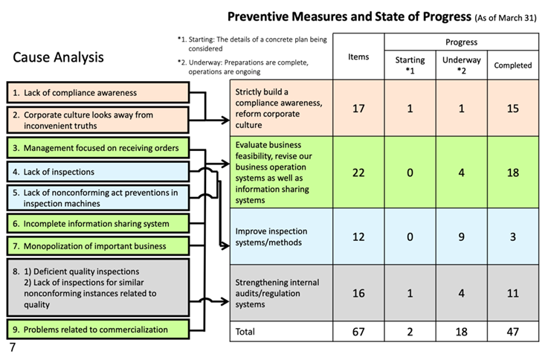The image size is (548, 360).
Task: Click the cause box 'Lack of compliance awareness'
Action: point(98,93)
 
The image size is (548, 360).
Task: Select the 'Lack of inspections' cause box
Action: point(98,172)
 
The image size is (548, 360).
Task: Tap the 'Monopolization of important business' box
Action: point(98,245)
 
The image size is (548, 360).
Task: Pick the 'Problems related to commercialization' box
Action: point(98,330)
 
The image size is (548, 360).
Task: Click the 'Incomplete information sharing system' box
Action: point(98,224)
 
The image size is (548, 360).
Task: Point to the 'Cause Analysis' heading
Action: point(58,57)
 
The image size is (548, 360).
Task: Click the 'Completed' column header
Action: point(513,65)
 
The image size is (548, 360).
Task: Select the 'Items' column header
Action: point(358,57)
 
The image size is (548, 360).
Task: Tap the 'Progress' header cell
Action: point(461,42)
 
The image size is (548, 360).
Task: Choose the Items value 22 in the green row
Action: point(358,173)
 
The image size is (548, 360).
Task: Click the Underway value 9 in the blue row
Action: point(461,237)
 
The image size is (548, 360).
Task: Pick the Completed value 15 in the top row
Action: point(513,109)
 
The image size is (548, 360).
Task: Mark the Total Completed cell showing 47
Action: point(513,331)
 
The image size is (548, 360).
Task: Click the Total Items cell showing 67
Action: point(358,331)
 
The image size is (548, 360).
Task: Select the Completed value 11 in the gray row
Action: point(513,293)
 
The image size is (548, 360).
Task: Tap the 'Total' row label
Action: point(245,331)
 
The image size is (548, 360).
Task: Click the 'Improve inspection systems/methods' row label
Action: point(271,237)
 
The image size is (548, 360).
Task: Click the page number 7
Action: point(13,347)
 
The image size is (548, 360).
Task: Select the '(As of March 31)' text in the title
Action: point(506,18)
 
